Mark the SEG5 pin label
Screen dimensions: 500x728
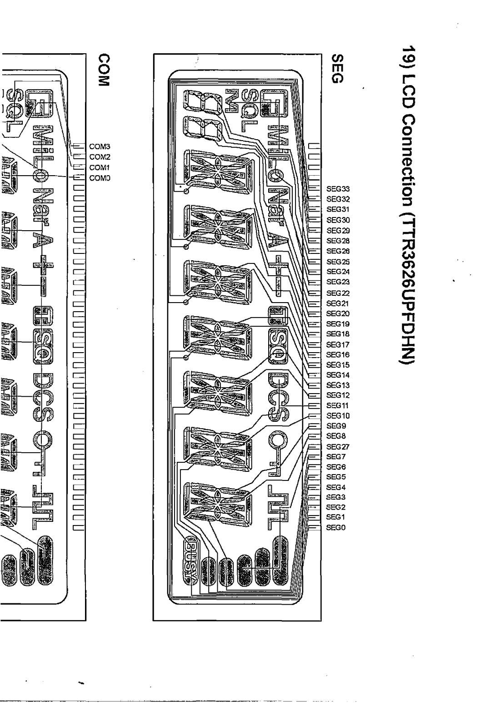click(x=336, y=477)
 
